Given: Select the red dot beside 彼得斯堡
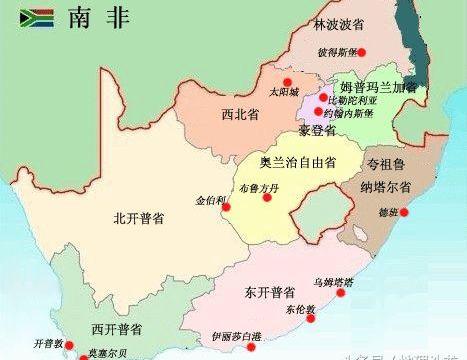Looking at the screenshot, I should (363, 52).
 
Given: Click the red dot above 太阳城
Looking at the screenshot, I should (286, 82).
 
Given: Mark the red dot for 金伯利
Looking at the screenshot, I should (226, 207).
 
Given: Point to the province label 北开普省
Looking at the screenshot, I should (139, 215).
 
